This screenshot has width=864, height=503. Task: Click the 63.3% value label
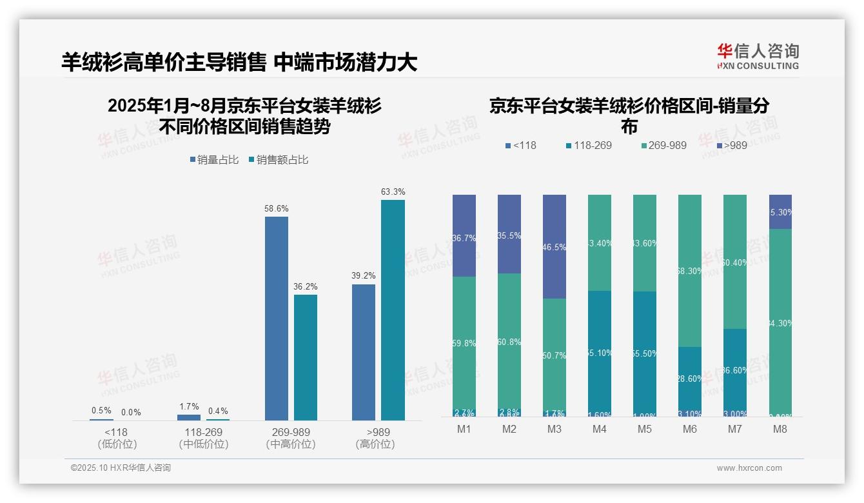tap(393, 192)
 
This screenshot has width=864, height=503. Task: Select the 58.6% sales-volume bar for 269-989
tap(277, 319)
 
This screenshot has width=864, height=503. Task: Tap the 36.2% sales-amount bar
tap(306, 357)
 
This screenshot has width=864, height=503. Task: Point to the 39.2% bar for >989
tap(364, 352)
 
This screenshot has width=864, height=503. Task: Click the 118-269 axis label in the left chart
tap(203, 431)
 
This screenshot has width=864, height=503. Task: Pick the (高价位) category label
tap(375, 444)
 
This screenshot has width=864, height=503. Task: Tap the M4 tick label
tap(600, 429)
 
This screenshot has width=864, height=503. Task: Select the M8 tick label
tap(780, 429)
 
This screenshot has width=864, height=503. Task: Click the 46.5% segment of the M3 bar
tap(555, 246)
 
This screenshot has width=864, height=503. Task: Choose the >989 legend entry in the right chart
tap(731, 145)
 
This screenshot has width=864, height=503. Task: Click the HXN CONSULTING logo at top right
tap(758, 57)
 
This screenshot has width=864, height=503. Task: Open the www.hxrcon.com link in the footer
tap(749, 468)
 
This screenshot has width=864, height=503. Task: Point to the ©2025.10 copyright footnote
tap(121, 468)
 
